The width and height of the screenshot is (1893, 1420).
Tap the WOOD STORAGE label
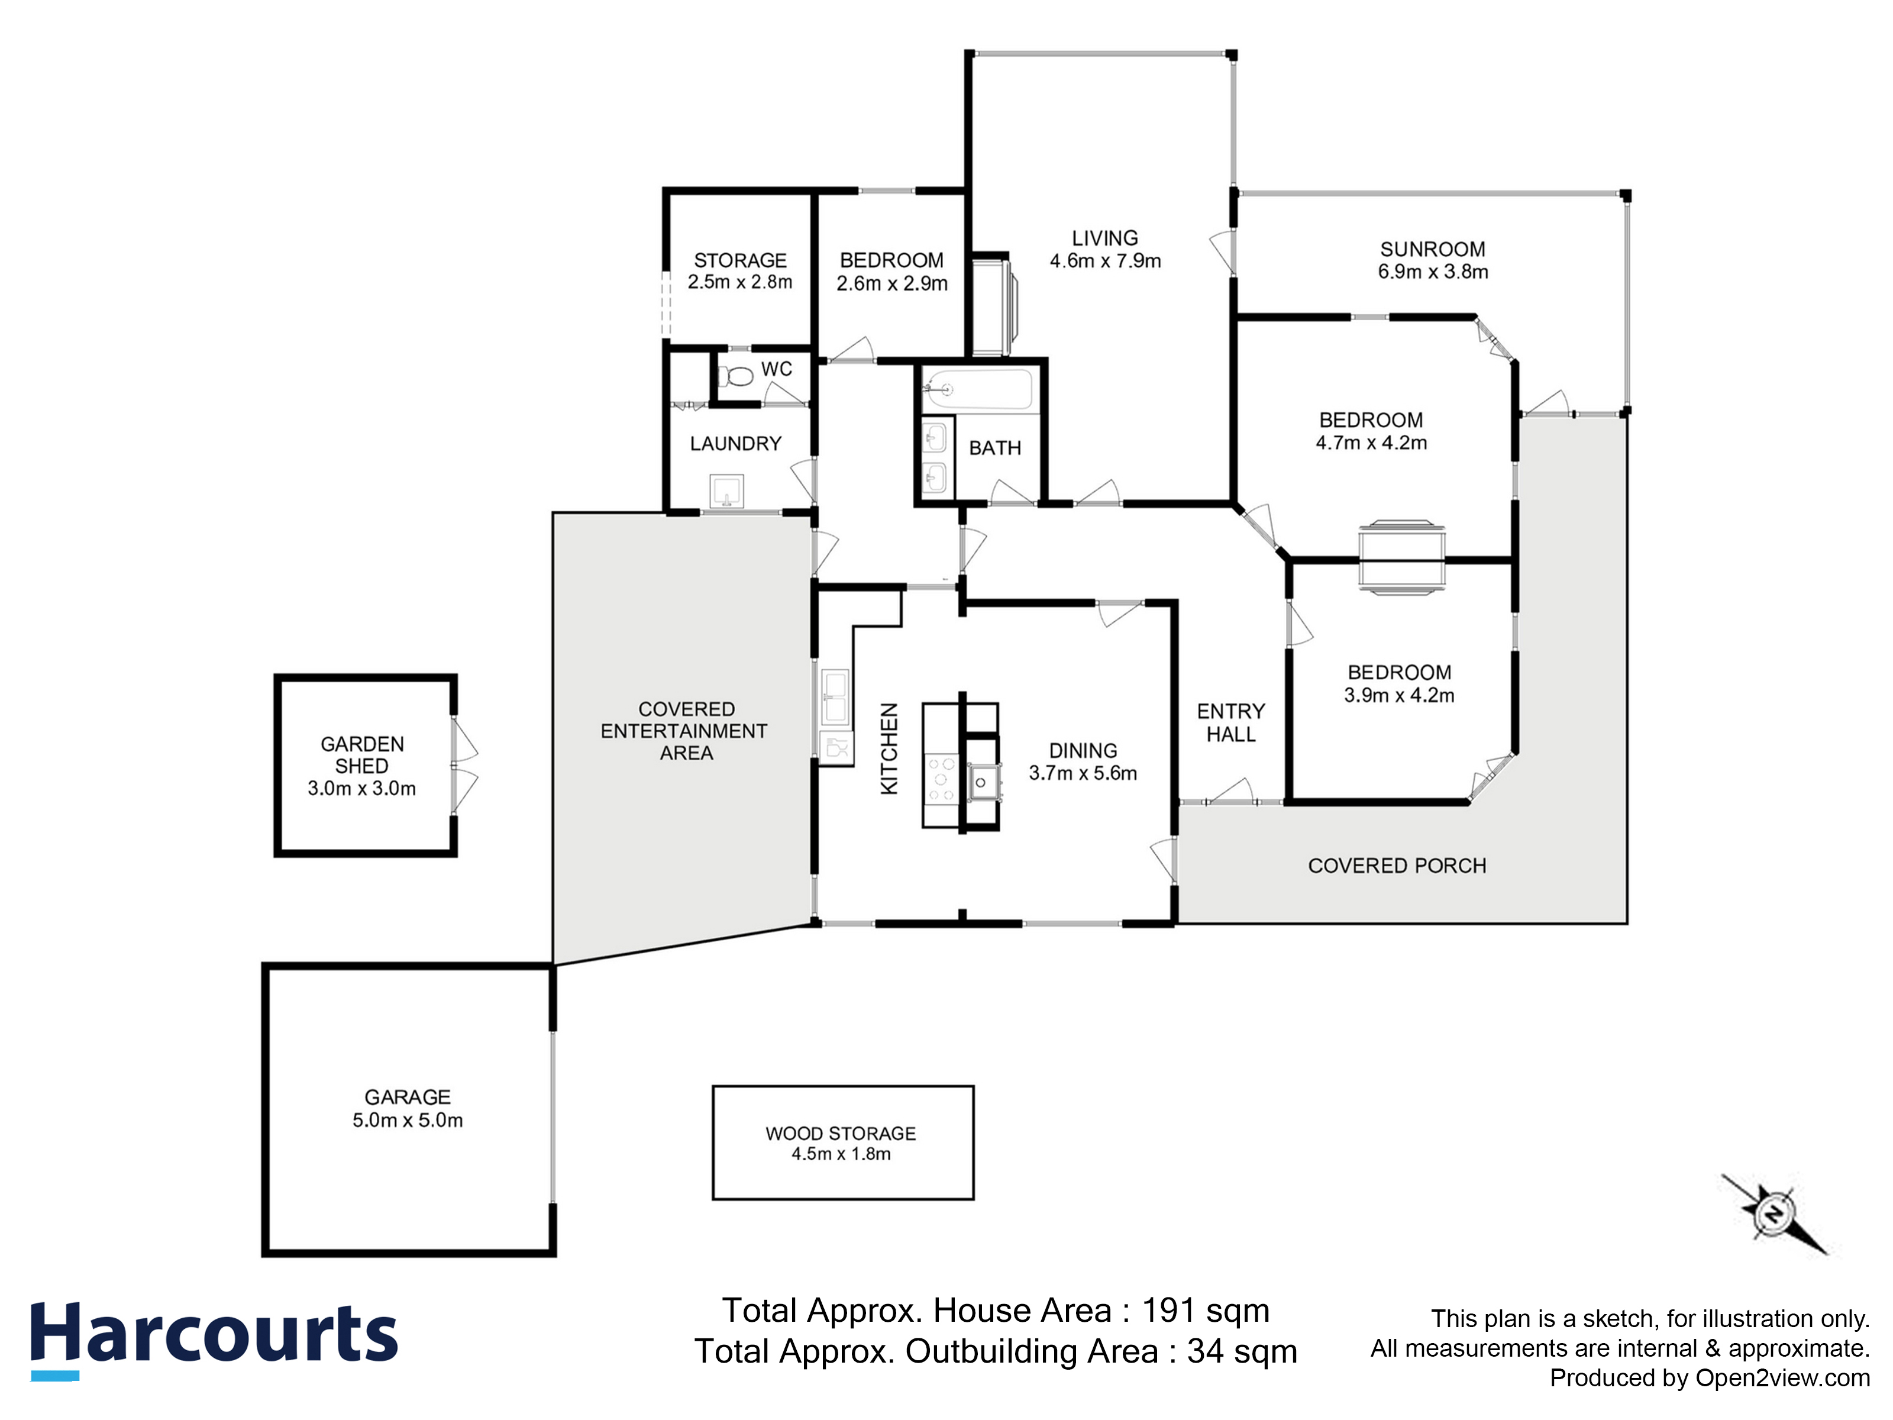[x=841, y=1133]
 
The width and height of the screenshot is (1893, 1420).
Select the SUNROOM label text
[x=1433, y=249]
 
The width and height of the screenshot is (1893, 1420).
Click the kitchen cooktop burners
[x=942, y=778]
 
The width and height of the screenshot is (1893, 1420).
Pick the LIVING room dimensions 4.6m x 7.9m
[x=1105, y=261]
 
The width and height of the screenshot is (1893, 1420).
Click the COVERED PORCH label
[x=1397, y=866]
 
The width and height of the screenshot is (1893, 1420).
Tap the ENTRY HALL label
[x=1230, y=722]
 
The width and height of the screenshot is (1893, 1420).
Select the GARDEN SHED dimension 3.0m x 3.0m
[x=362, y=788]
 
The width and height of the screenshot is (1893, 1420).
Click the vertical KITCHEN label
[x=890, y=749]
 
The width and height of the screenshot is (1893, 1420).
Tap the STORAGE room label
[x=740, y=260]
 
